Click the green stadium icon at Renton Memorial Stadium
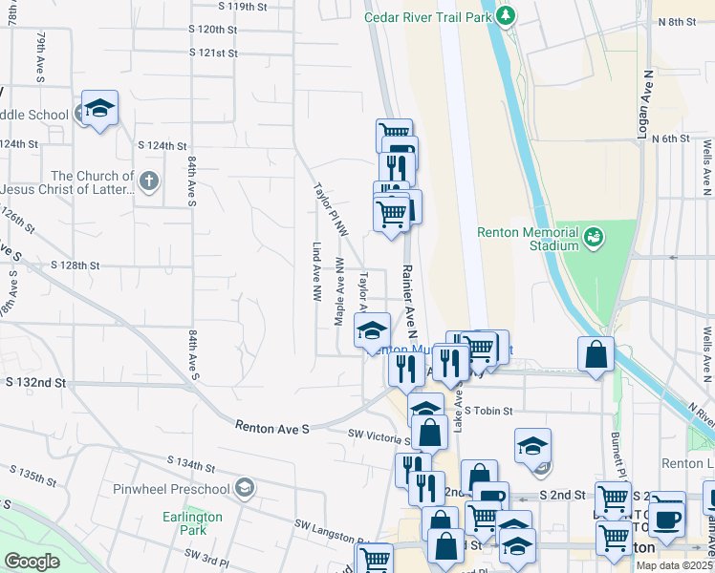pos(593,235)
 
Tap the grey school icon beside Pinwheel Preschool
pos(245,489)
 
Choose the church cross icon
pos(147,180)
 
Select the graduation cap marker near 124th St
pos(97,110)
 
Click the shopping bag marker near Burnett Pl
pos(596,355)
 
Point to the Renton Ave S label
pos(272,429)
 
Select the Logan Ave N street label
pos(645,105)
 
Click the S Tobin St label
pos(489,411)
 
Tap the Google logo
pos(32,562)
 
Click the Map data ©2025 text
pos(673,565)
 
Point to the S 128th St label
pos(76,265)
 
